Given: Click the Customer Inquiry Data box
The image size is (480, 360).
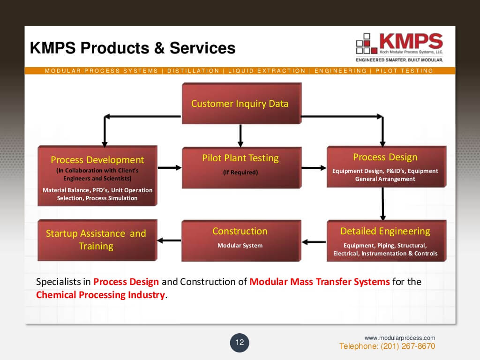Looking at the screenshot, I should tap(240, 104).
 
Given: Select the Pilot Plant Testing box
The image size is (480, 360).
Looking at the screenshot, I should tap(240, 167).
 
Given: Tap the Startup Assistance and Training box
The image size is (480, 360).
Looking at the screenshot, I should tap(97, 240).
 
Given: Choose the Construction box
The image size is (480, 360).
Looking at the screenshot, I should tap(240, 240).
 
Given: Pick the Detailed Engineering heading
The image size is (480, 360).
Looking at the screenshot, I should tap(385, 231).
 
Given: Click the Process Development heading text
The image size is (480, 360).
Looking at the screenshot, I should tap(97, 160).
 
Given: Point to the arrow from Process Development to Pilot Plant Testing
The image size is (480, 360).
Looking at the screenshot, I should tap(169, 167).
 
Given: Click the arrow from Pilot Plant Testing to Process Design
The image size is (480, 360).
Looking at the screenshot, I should tap(314, 167).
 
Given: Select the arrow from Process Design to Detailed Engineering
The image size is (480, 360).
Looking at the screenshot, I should tap(383, 203).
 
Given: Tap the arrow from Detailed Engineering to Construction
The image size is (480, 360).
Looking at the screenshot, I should tap(314, 242).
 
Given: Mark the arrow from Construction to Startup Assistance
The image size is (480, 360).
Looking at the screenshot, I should tap(169, 240).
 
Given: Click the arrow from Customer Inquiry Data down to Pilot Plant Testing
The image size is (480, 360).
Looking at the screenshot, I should tap(240, 135).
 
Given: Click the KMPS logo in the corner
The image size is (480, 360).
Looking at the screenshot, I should tap(399, 47).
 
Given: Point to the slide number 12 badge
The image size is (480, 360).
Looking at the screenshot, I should tap(240, 343).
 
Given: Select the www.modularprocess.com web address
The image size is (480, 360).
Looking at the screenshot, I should tap(400, 337).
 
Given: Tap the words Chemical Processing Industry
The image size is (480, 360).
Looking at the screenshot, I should tap(100, 295).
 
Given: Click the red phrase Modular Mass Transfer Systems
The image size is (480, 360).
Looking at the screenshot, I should tap(319, 282).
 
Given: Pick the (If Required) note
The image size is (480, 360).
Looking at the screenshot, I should tap(240, 172).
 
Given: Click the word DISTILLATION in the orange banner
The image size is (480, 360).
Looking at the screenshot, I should tap(193, 71).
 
